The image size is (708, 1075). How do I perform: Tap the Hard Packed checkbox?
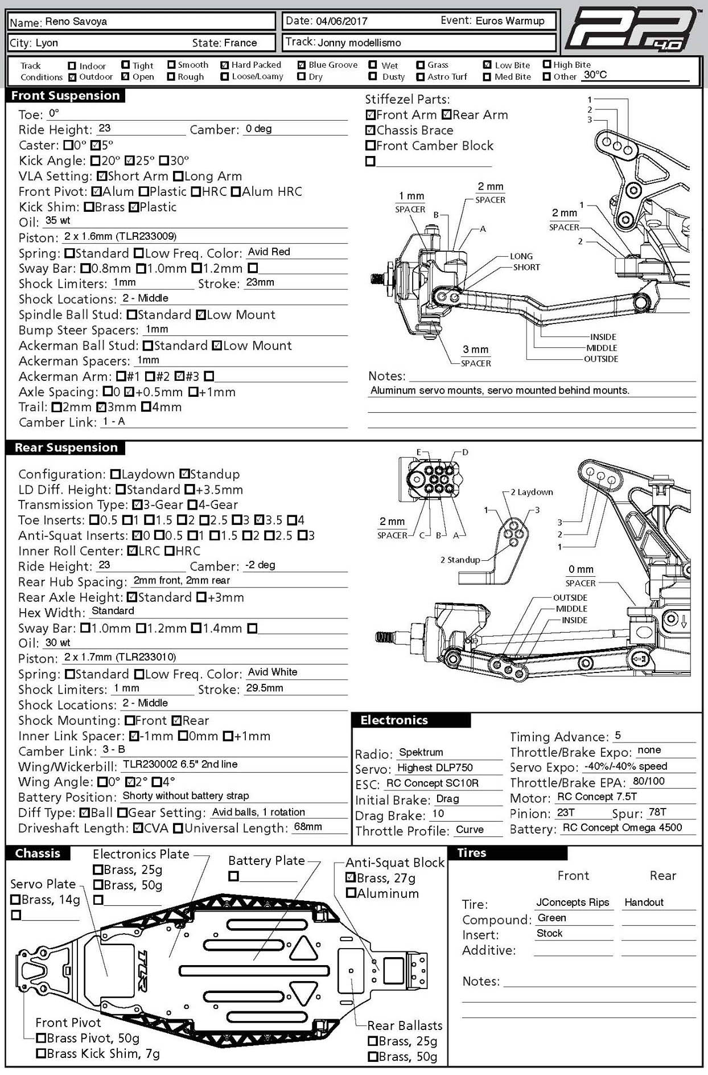coord(225,65)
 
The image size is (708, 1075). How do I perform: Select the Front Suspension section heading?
coord(65,96)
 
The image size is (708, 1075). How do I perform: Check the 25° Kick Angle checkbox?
coord(130,161)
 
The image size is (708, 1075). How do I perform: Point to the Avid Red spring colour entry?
coord(269,252)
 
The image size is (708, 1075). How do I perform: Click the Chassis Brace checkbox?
coord(371,130)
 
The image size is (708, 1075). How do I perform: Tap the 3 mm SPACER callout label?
coord(475,356)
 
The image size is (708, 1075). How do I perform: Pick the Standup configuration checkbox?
coord(184,474)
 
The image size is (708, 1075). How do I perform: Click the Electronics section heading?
coord(394,720)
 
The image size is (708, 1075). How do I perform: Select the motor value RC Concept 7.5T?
coord(596,797)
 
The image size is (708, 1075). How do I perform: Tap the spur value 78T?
coord(657,812)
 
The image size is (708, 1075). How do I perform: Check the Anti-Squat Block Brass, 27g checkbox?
coord(351,878)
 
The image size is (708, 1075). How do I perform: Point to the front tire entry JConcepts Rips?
coord(573,902)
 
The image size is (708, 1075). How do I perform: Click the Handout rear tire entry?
coord(644,902)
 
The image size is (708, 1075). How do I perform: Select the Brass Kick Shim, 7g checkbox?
coord(41,1053)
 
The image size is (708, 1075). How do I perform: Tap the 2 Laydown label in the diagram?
coord(532,492)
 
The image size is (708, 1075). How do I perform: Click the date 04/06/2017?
coord(341,22)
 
